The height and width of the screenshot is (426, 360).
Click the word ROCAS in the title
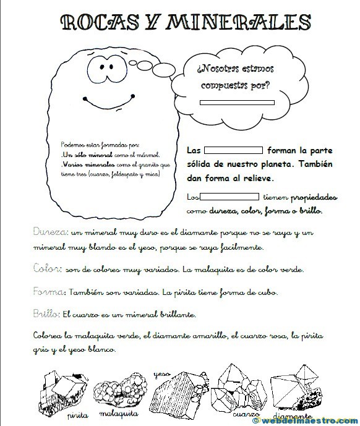102,23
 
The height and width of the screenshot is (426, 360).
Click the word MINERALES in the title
242,23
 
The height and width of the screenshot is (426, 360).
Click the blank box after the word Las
233,150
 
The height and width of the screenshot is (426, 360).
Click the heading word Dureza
48,232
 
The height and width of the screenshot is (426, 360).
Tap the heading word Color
45,270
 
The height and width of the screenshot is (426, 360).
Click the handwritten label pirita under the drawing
78,414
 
